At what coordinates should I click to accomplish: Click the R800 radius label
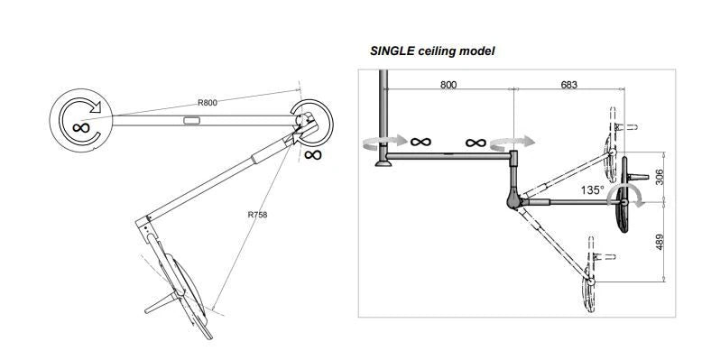coord(208,103)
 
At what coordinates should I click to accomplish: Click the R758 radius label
coord(257,215)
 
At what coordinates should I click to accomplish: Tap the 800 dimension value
coord(448,85)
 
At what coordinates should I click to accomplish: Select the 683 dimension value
coord(568,85)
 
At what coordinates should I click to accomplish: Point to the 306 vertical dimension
coord(659,178)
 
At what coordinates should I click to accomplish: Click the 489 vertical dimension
coord(659,242)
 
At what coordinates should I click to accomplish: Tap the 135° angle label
coord(592,190)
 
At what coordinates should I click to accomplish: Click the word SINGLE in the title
coord(393,51)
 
